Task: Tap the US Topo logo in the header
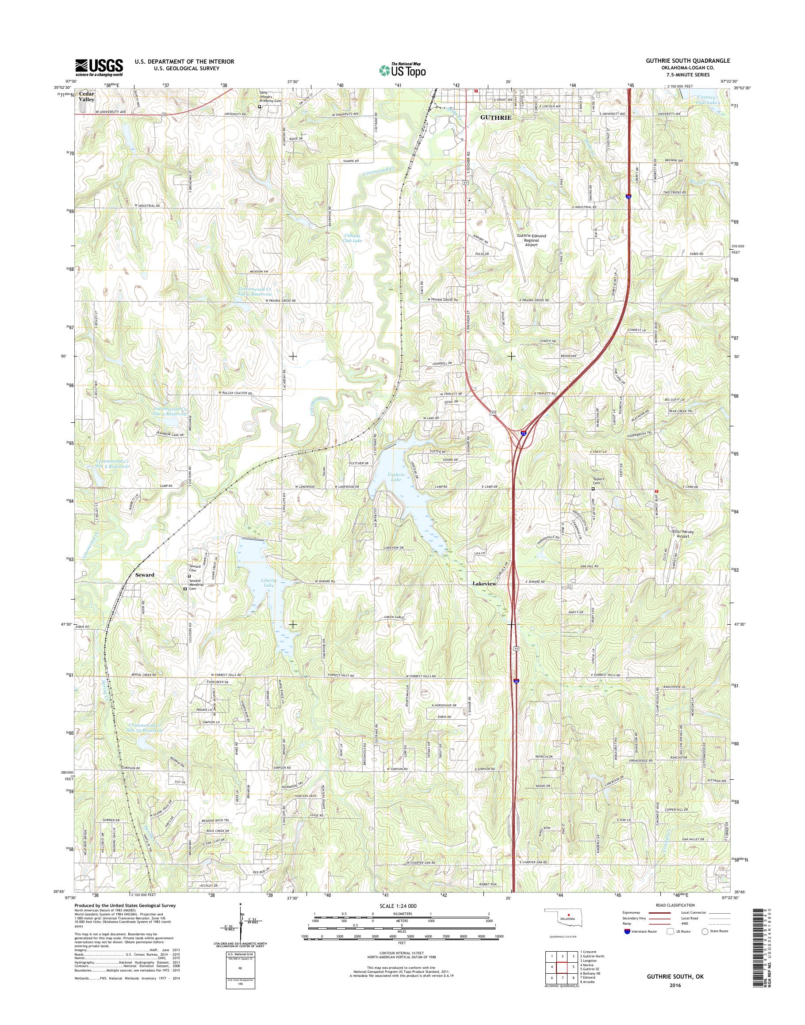[402, 70]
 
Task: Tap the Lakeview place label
[484, 583]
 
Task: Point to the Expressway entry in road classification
[632, 912]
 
